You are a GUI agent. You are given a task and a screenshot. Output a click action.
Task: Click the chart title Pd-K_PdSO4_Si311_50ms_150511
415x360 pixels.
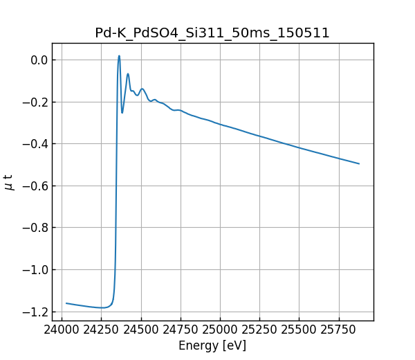[x=212, y=33]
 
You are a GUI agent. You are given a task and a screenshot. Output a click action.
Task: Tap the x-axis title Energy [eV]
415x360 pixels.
[x=212, y=345]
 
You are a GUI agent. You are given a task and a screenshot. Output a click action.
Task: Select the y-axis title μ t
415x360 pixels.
[x=9, y=182]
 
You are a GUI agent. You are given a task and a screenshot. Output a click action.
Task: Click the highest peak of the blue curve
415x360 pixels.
[x=119, y=56]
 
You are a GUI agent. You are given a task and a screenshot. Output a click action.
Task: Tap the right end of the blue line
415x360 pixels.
[x=359, y=163]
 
